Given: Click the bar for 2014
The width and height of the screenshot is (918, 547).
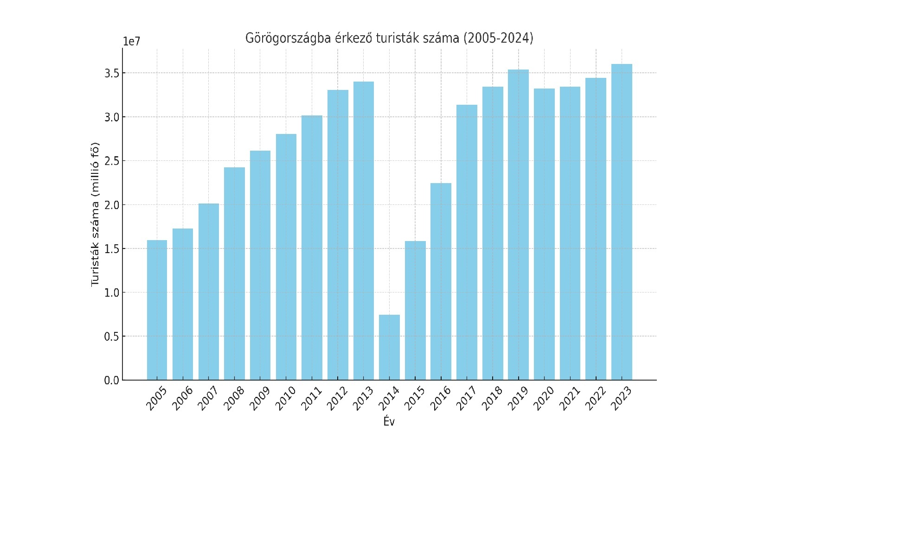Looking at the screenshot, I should (389, 347).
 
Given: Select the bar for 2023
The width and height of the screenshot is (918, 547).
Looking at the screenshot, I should (622, 222).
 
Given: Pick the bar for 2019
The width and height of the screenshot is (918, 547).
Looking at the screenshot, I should (518, 225).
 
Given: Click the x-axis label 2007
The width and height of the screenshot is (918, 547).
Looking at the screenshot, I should (208, 399).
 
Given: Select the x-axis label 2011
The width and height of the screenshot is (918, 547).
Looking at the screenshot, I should (311, 399).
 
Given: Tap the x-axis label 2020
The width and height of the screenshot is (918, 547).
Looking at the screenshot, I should (543, 399).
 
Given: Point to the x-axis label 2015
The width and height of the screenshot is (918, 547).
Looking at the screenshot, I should (414, 399).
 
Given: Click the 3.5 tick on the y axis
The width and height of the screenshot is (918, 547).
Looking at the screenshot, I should (112, 73).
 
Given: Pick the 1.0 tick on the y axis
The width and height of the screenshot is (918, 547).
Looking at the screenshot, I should (112, 293).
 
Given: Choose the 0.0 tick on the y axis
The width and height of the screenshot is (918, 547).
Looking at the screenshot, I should (112, 381).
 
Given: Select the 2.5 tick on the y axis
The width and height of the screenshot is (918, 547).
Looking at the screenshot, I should (112, 161).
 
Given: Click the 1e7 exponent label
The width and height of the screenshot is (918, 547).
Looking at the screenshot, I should (131, 41).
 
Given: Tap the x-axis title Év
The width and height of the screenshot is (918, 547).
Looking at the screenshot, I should (389, 421).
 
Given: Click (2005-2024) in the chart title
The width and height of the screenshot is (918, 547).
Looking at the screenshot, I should (499, 38).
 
